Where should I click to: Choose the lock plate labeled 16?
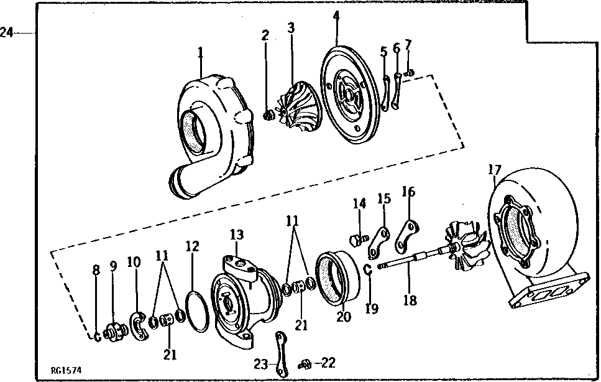tap(408, 235)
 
